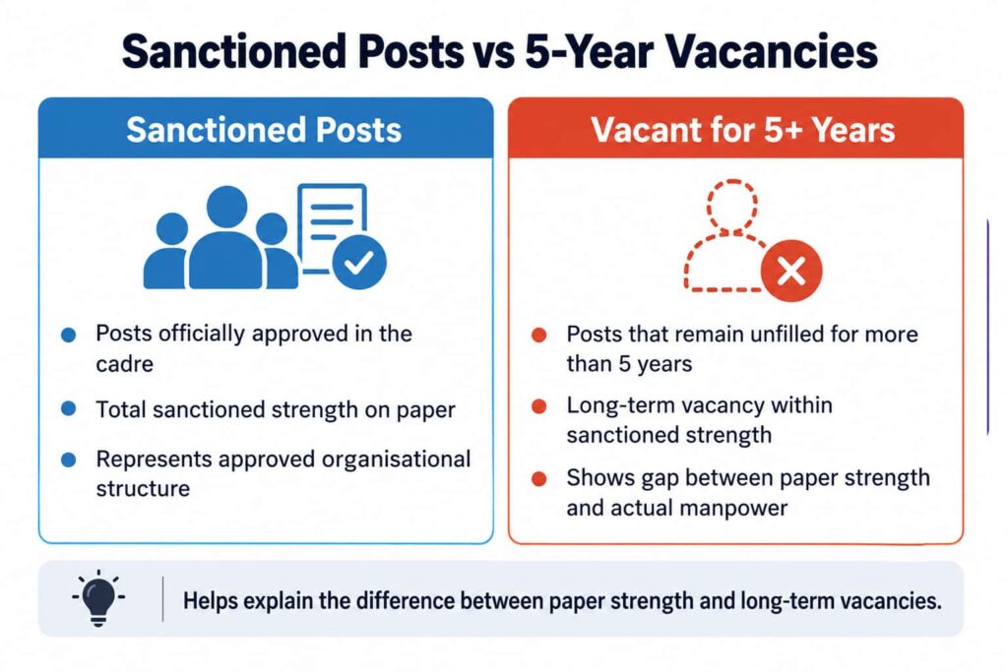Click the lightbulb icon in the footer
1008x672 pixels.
pos(98,598)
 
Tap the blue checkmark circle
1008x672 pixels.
pos(358,262)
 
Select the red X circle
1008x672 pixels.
pos(790,272)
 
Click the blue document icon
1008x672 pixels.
pos(333,228)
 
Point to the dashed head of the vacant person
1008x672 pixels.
pos(731,205)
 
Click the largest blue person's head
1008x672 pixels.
pos(226,207)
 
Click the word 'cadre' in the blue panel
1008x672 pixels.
pos(125,364)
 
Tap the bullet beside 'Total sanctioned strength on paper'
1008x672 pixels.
pos(68,409)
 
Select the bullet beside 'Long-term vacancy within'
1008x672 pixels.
pos(538,406)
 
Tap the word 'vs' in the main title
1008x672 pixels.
pos(493,54)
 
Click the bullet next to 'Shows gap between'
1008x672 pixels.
pos(538,478)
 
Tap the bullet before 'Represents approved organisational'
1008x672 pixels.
pos(68,459)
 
